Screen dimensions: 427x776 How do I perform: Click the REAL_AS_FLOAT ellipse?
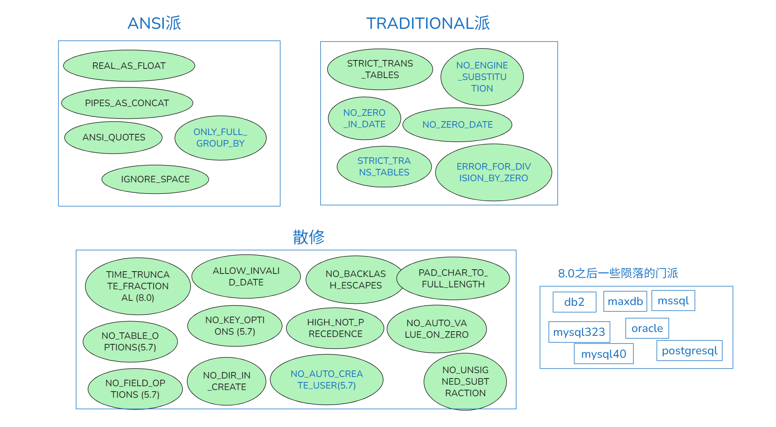[x=129, y=66]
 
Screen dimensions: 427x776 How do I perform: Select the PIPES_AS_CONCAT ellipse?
[x=127, y=103]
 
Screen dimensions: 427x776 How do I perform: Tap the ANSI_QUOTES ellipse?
[x=113, y=138]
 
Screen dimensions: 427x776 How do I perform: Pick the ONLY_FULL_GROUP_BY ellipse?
[x=220, y=138]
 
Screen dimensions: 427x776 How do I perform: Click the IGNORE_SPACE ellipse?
[x=155, y=179]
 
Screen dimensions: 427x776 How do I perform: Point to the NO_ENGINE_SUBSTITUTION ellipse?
[x=482, y=77]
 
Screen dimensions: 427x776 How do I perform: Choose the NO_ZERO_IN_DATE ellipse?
[x=364, y=118]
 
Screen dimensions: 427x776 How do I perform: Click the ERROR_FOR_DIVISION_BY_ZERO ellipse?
[x=494, y=172]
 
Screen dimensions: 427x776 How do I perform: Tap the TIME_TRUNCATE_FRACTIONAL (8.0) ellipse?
[x=138, y=286]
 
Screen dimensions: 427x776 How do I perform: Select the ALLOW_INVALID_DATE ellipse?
[x=246, y=277]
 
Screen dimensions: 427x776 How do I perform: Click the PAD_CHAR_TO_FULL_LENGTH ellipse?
[x=453, y=279]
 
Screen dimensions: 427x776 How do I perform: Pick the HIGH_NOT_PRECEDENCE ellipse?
[x=335, y=328]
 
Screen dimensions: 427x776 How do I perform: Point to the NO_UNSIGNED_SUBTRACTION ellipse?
[x=465, y=382]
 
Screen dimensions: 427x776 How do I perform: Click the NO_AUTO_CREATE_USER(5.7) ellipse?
[x=327, y=380]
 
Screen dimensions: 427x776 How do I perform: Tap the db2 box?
[x=574, y=302]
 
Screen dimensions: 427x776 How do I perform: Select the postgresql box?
[x=690, y=350]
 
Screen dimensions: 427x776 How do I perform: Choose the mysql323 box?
[x=579, y=332]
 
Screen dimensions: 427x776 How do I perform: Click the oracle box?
[x=647, y=328]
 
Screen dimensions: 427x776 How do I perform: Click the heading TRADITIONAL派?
[x=428, y=23]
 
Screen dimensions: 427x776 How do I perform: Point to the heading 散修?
[x=309, y=237]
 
